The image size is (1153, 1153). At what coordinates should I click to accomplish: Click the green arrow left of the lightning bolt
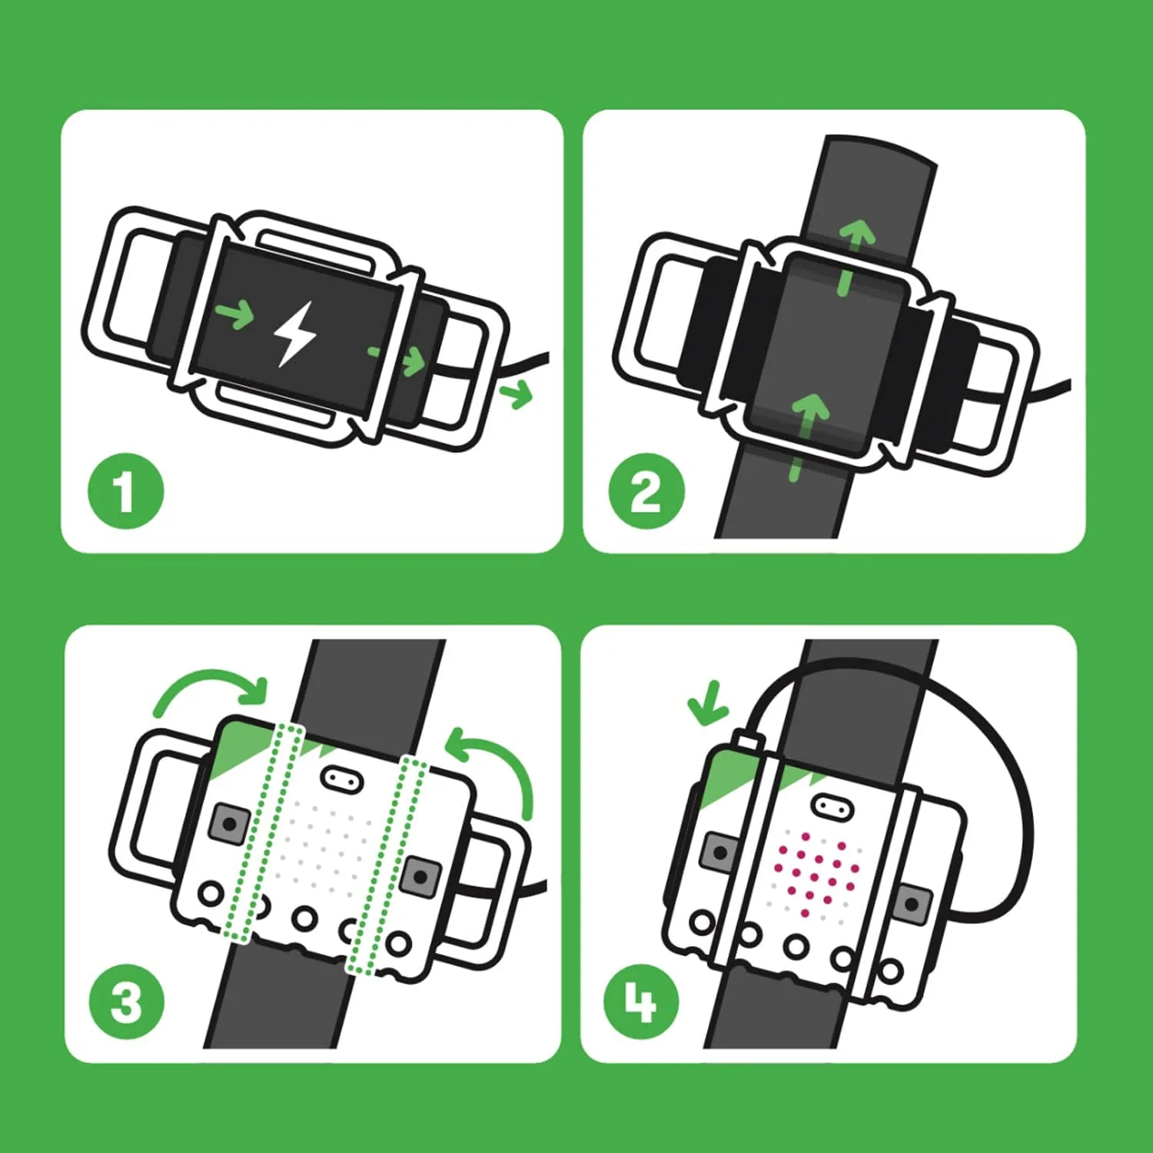234,314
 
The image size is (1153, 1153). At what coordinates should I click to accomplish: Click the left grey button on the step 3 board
228,824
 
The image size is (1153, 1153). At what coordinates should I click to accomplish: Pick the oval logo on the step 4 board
829,807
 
